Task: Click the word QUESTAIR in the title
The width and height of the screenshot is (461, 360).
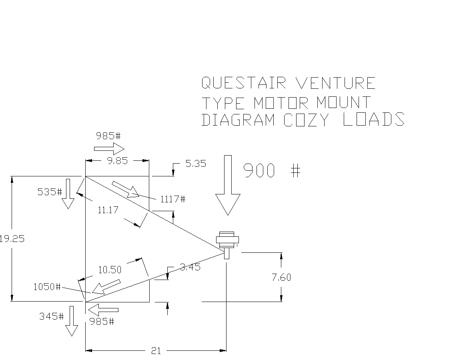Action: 244,83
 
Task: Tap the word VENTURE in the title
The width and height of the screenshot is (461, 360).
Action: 335,83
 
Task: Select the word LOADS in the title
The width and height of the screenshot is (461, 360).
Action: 374,119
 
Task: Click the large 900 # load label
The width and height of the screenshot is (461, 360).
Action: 272,170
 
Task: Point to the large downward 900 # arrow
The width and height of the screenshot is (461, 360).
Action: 228,185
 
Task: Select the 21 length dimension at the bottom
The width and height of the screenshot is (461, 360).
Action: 156,350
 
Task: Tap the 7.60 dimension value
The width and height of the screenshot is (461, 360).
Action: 281,278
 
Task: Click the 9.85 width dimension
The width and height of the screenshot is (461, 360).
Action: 117,161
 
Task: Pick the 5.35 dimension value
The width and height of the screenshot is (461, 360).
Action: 196,164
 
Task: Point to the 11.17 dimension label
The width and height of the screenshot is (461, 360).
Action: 108,210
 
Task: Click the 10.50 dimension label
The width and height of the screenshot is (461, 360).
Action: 110,270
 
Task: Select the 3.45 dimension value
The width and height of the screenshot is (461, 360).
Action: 190,267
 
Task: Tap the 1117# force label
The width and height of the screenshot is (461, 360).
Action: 173,199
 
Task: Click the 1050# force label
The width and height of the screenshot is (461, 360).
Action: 47,286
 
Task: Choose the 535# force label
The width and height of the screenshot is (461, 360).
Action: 50,192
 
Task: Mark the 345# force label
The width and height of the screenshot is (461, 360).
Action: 52,316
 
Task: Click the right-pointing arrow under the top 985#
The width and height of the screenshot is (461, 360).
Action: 109,148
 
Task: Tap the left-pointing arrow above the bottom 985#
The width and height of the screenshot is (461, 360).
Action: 103,310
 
